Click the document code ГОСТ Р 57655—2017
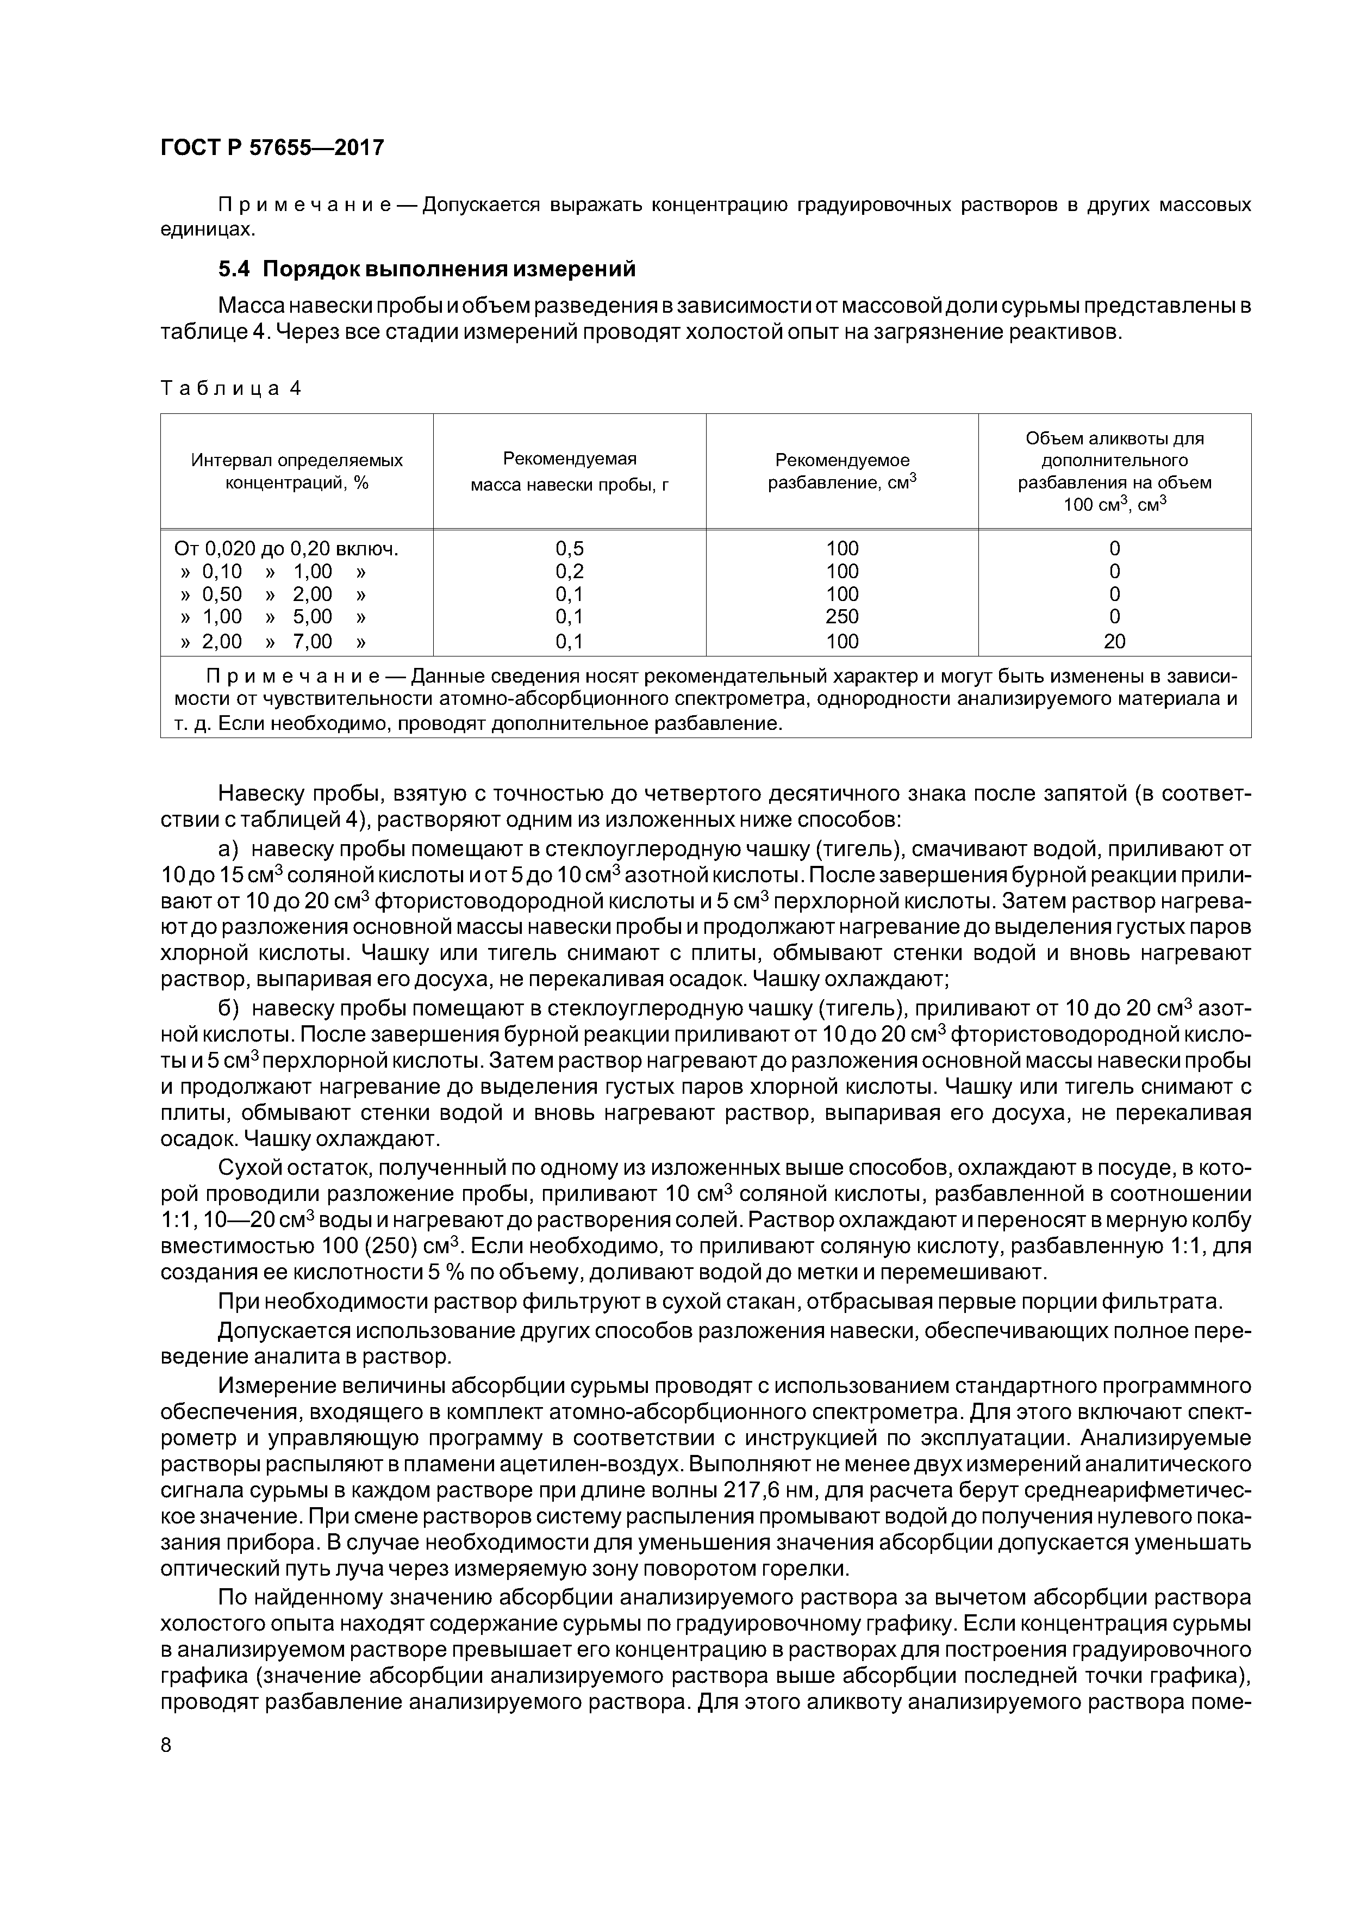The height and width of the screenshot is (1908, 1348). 272,148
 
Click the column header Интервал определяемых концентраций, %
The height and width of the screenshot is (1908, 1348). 297,471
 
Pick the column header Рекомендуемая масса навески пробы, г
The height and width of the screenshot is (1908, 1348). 569,471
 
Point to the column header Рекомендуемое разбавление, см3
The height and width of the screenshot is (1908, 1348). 841,471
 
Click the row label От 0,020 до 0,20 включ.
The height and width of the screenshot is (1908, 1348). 286,548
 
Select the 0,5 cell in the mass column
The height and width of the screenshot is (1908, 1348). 569,548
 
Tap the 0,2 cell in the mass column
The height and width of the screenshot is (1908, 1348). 569,571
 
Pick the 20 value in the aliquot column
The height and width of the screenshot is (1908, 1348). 1115,641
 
